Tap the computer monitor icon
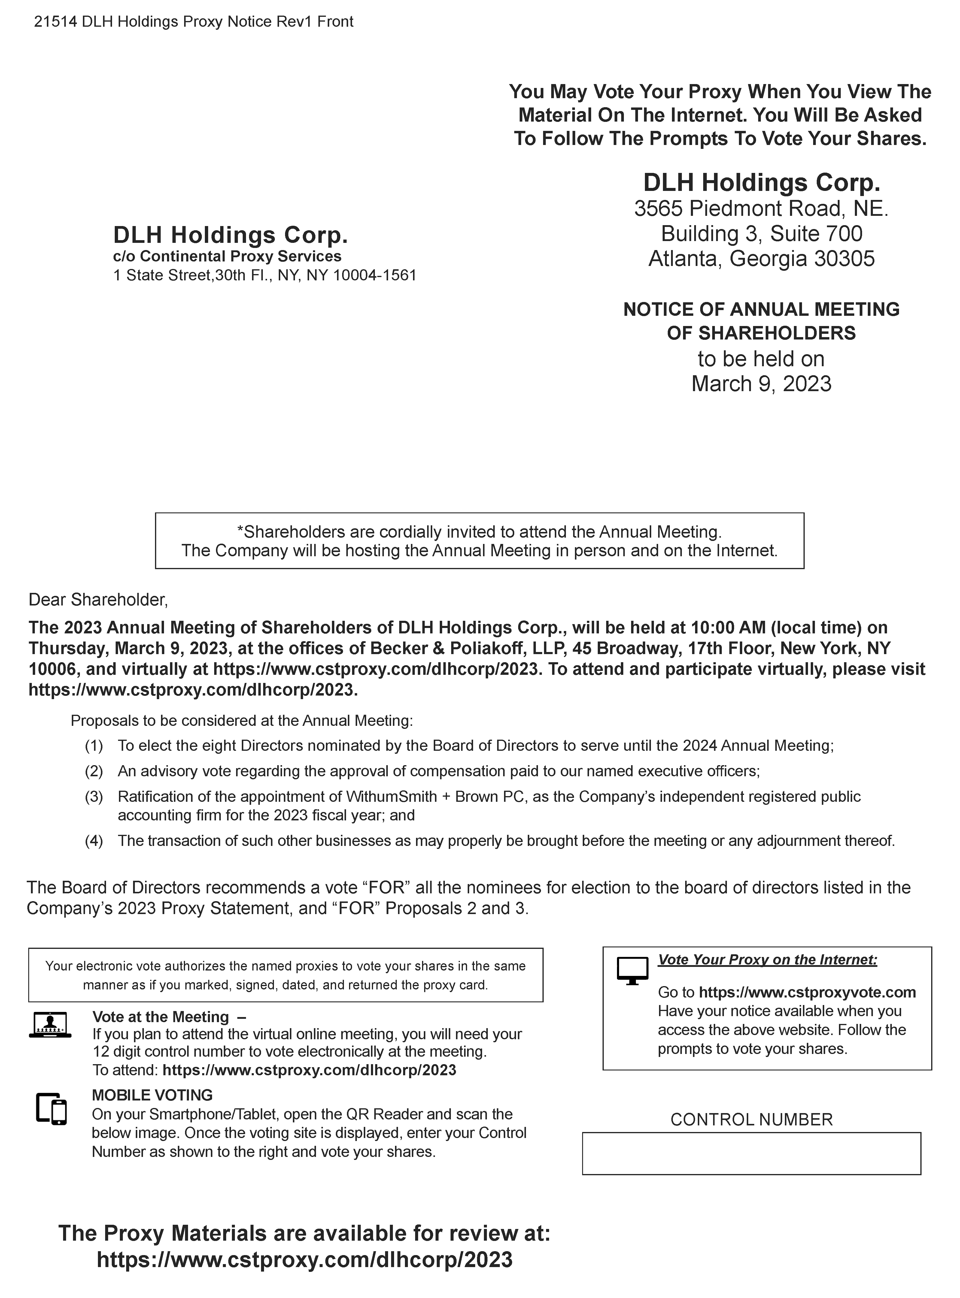[x=632, y=970]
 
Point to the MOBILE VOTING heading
[x=152, y=1095]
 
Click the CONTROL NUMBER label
[x=751, y=1120]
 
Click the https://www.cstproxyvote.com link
[x=807, y=992]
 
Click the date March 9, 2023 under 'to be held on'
[x=761, y=384]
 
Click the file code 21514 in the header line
[x=55, y=22]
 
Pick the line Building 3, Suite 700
[x=761, y=234]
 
